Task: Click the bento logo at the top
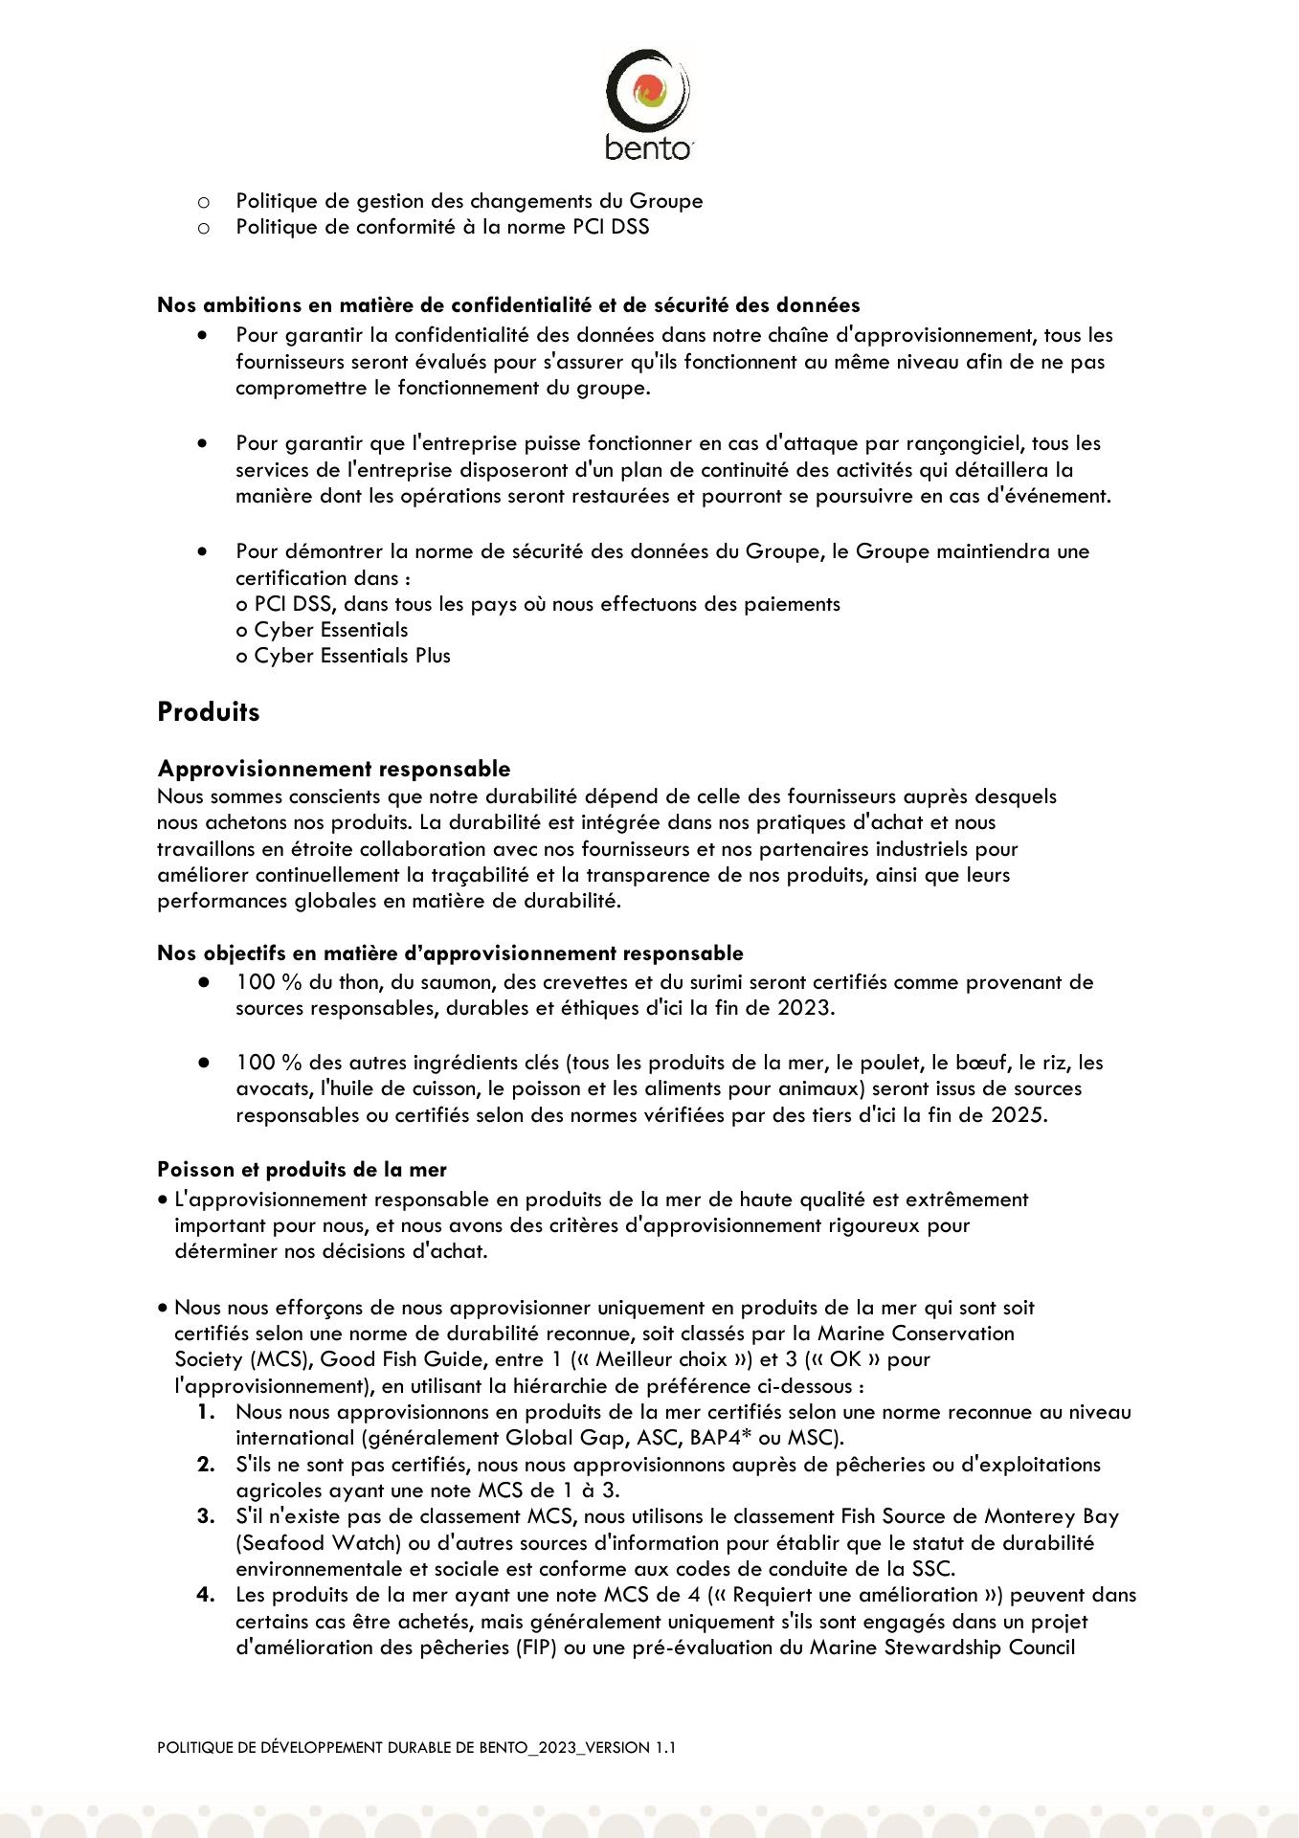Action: point(648,104)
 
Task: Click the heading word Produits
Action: point(209,712)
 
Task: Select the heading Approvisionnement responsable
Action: point(334,769)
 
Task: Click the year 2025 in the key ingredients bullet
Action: point(1017,1114)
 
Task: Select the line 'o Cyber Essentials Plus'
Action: point(343,656)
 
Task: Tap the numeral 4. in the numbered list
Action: point(206,1595)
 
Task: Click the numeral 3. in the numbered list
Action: point(206,1516)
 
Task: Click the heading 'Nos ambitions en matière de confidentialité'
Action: point(508,305)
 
